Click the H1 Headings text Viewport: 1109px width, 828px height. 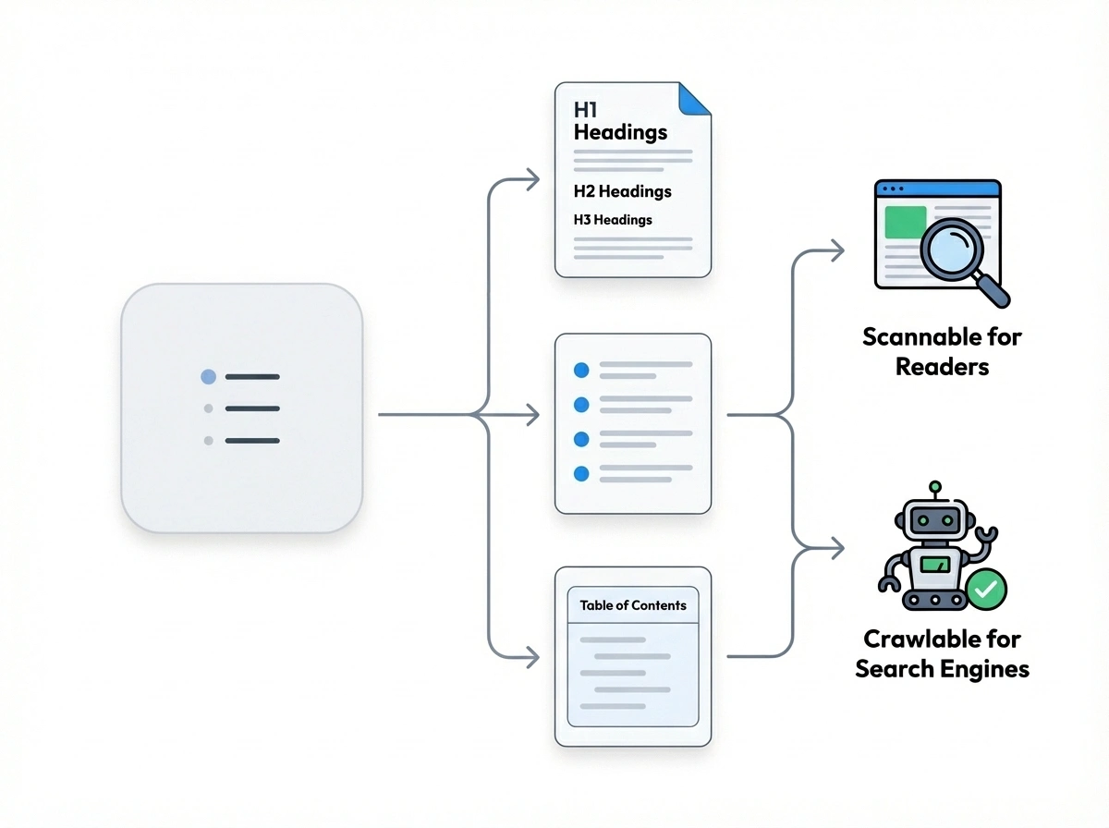point(619,121)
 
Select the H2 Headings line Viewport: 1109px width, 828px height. point(622,191)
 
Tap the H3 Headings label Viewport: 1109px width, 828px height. point(613,220)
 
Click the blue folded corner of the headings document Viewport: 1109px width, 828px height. point(696,98)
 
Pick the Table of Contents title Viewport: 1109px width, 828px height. point(633,605)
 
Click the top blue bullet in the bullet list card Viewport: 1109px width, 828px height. point(581,370)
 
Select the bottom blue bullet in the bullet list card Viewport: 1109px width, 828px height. point(581,473)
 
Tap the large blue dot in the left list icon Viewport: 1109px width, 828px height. point(208,377)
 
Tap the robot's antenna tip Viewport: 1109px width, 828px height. point(935,485)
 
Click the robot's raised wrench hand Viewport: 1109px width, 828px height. point(989,535)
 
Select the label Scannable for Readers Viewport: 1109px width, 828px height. point(942,351)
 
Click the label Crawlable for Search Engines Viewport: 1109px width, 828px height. point(942,653)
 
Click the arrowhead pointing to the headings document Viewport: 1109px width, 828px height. point(533,180)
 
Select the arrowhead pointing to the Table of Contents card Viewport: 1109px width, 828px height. point(533,658)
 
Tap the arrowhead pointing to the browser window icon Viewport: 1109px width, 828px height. point(837,250)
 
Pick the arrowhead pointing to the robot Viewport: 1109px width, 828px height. point(837,548)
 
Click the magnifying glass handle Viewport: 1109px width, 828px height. point(993,291)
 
